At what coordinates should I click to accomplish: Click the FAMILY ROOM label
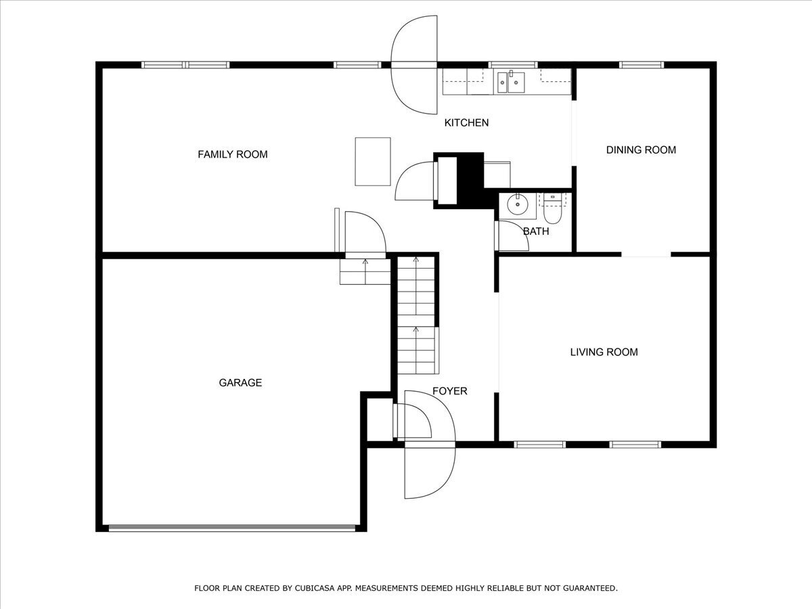pyautogui.click(x=232, y=154)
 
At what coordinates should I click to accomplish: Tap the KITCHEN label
pyautogui.click(x=466, y=122)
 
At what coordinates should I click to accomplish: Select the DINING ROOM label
pyautogui.click(x=640, y=150)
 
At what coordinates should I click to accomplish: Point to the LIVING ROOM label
pyautogui.click(x=604, y=352)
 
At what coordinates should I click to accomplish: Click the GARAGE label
pyautogui.click(x=240, y=382)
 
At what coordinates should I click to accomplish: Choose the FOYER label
pyautogui.click(x=449, y=391)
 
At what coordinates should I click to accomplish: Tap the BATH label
pyautogui.click(x=536, y=231)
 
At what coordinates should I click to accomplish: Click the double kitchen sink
pyautogui.click(x=511, y=82)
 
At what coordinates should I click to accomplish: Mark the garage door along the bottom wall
pyautogui.click(x=232, y=528)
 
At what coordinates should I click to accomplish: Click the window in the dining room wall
pyautogui.click(x=641, y=65)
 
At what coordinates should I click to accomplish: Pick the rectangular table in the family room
pyautogui.click(x=373, y=161)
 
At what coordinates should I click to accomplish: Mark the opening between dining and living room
pyautogui.click(x=646, y=255)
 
